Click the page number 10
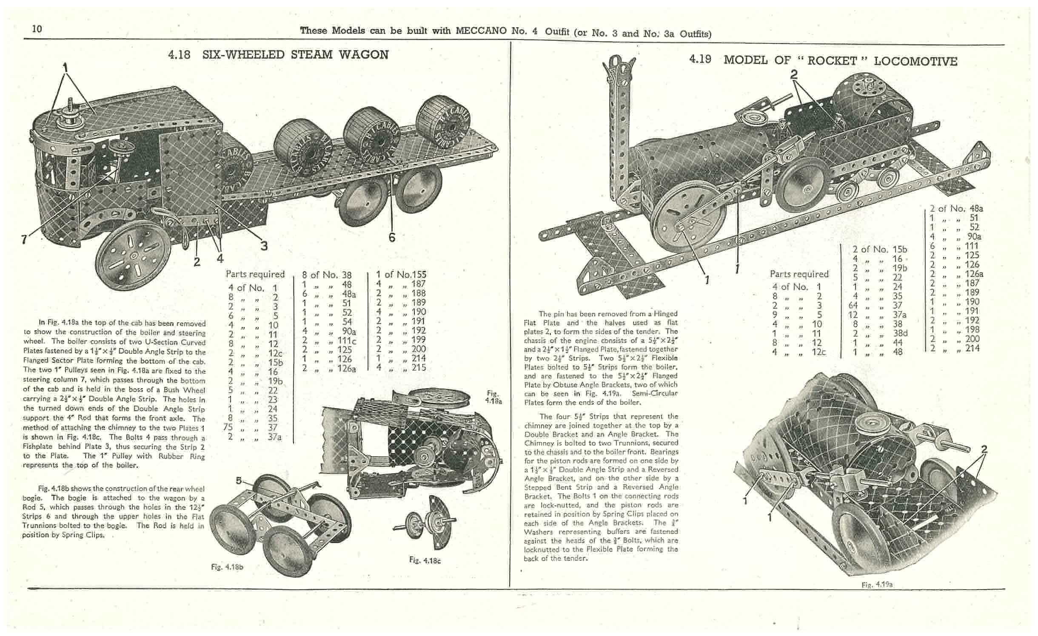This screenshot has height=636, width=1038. (37, 29)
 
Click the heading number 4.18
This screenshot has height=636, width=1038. (179, 55)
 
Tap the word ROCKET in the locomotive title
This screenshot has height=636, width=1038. (832, 61)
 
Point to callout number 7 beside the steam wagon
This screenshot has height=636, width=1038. (24, 240)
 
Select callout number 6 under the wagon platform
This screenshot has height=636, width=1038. (392, 237)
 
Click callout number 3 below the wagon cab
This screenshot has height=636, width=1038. (264, 246)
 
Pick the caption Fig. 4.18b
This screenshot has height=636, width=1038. (227, 567)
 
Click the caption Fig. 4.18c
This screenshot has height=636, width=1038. (425, 560)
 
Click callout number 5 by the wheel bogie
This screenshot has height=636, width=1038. (239, 480)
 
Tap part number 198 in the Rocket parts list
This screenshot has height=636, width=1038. (972, 329)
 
